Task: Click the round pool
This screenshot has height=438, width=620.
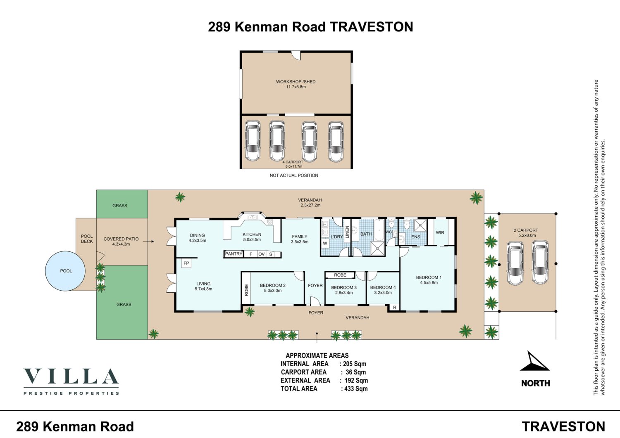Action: point(65,271)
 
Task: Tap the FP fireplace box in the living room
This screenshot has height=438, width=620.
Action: point(186,263)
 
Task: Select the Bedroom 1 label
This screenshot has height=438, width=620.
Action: point(429,277)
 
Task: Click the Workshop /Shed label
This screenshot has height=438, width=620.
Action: point(296,82)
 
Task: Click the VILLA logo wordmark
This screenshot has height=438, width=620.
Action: point(71,376)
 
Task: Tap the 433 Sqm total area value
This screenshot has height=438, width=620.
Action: point(356,388)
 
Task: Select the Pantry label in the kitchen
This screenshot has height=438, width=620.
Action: point(234,253)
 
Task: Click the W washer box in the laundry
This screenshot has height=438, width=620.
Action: point(325,243)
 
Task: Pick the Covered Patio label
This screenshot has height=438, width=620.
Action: point(121,239)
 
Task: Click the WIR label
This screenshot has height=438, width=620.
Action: point(440,232)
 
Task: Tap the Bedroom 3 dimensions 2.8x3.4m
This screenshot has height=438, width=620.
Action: point(344,293)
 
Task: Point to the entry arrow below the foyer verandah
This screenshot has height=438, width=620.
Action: point(317,337)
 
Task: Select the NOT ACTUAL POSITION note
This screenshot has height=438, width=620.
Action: point(294,175)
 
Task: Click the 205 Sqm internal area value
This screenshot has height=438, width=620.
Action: point(355,364)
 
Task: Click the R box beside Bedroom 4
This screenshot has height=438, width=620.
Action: point(395,307)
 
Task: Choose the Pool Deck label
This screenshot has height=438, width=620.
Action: point(87,239)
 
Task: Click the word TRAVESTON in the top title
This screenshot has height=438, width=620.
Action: point(372,27)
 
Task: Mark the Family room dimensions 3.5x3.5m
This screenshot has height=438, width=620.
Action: point(300,241)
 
